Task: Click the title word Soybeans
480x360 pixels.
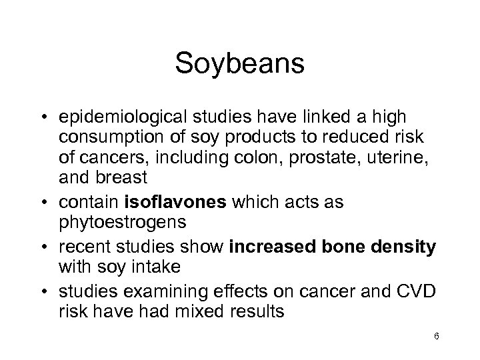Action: coord(240,64)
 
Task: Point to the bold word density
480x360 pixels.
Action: coord(407,248)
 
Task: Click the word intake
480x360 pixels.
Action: coord(156,267)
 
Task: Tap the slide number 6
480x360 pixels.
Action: coord(435,337)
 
